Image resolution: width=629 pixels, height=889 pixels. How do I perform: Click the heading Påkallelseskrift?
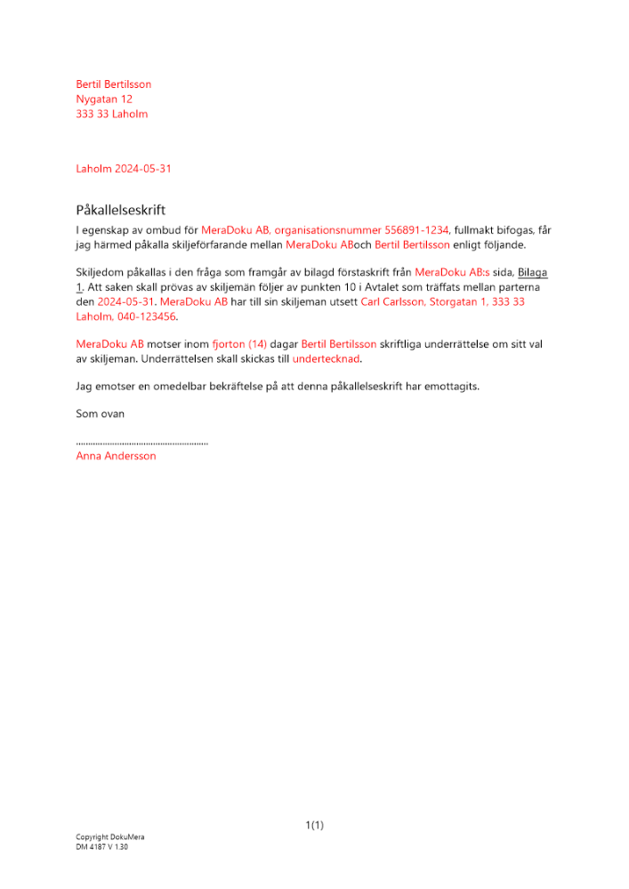121,211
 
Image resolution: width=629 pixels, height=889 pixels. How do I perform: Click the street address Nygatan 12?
104,100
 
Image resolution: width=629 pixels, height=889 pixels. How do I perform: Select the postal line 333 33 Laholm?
112,115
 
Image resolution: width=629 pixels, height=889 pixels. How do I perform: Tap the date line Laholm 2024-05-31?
124,169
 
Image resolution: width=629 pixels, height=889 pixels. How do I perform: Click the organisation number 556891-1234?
416,229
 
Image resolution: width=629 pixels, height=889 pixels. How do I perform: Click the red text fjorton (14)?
239,344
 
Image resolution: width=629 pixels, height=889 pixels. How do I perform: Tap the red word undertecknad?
327,359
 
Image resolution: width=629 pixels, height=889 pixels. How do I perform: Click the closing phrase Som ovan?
101,413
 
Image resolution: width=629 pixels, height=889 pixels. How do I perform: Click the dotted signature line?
142,442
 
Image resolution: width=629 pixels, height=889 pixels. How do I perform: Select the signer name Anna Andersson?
117,456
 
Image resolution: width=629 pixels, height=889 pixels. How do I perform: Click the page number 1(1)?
314,826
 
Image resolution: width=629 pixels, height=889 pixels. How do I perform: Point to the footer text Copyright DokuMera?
110,837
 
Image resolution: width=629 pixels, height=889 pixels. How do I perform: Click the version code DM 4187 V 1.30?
102,848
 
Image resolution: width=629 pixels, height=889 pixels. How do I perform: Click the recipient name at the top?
114,84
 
